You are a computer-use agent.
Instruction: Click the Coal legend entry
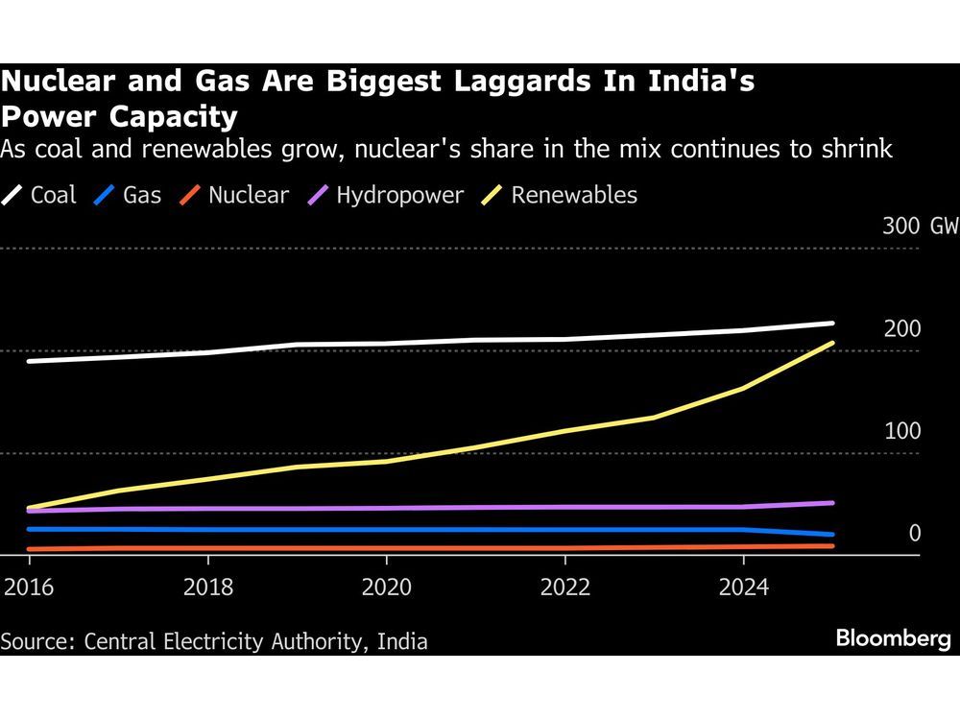(41, 195)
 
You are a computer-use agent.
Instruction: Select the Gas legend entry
(129, 195)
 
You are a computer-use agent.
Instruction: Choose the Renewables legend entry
(561, 195)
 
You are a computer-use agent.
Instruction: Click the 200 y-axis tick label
(902, 329)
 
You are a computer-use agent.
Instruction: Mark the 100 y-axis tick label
(902, 431)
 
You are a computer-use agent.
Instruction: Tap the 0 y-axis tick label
(915, 533)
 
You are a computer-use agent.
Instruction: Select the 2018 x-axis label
(207, 587)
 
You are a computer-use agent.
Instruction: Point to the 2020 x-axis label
(387, 587)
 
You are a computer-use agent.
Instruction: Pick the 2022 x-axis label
(565, 587)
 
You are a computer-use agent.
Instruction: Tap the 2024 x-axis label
(744, 587)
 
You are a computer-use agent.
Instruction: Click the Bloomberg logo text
(893, 639)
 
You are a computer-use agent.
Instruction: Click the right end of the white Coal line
(832, 324)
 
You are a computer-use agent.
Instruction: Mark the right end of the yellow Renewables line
(832, 343)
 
